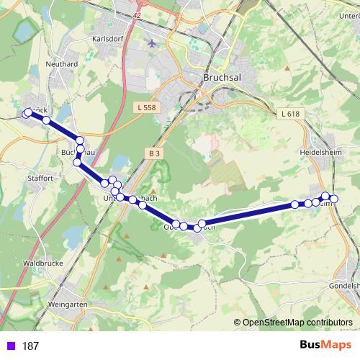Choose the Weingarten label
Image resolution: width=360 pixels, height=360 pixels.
point(67,305)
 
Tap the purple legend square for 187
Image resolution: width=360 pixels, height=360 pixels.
point(10,346)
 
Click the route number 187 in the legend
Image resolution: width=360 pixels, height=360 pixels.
point(30,346)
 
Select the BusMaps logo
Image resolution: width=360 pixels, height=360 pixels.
point(325,345)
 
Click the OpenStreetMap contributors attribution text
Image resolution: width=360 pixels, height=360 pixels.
point(297,322)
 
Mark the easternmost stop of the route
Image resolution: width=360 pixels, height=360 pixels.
point(334,199)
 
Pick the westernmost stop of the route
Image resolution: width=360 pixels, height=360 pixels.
point(27,113)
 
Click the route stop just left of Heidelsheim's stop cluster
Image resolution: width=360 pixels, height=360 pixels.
point(295,204)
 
